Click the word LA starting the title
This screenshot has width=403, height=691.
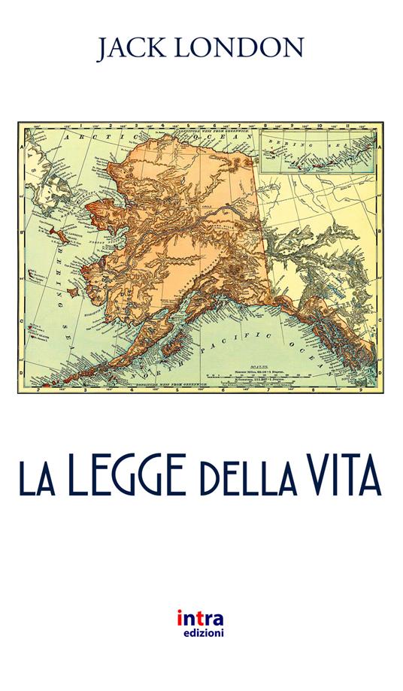click(38, 479)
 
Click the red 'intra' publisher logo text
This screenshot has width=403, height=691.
click(200, 619)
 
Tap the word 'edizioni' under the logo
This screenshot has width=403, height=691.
click(200, 633)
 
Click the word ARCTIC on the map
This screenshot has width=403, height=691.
click(86, 140)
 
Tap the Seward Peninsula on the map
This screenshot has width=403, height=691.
click(98, 207)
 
